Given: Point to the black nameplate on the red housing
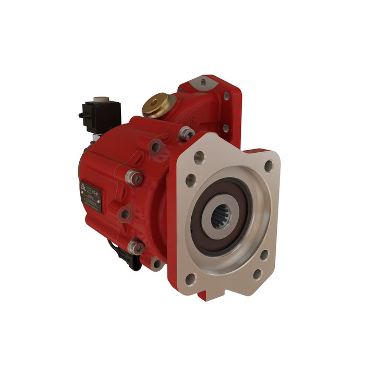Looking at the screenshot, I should [91, 195].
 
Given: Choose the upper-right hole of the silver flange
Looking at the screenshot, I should [269, 166].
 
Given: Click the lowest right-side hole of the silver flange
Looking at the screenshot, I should [257, 273].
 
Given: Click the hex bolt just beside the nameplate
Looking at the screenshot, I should [136, 178].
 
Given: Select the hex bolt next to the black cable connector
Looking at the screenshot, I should [137, 248].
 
